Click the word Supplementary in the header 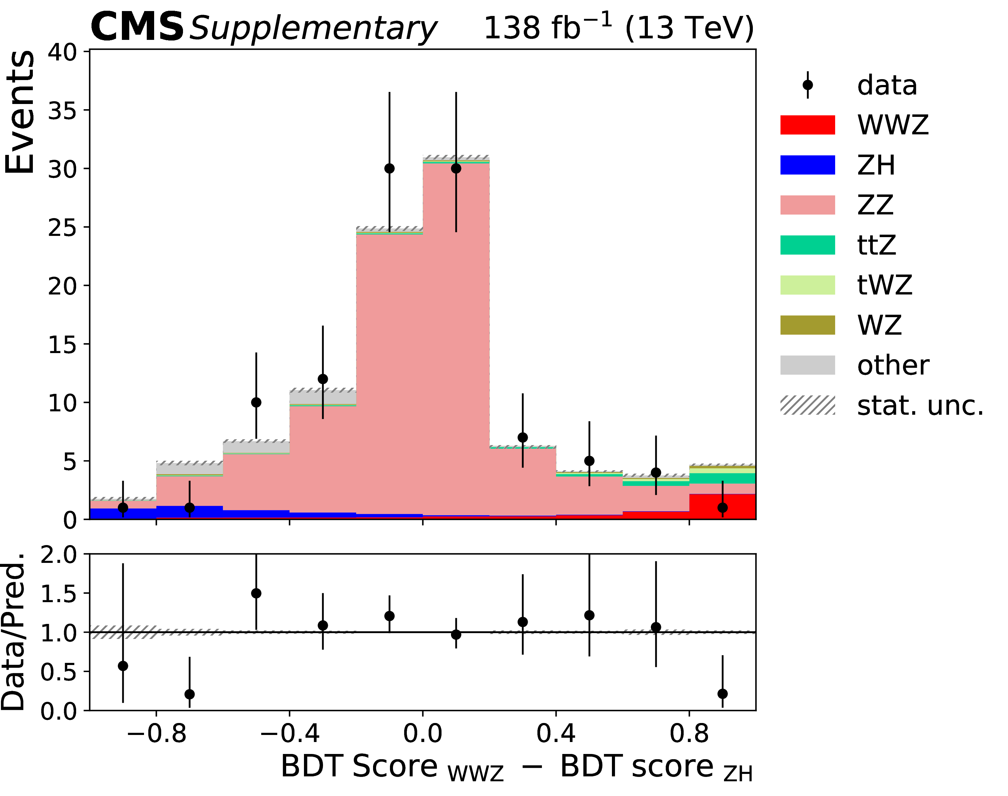(313, 29)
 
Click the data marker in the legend (808, 85)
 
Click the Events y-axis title (20, 112)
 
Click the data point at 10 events (256, 402)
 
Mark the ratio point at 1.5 (256, 593)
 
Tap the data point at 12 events (323, 379)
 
